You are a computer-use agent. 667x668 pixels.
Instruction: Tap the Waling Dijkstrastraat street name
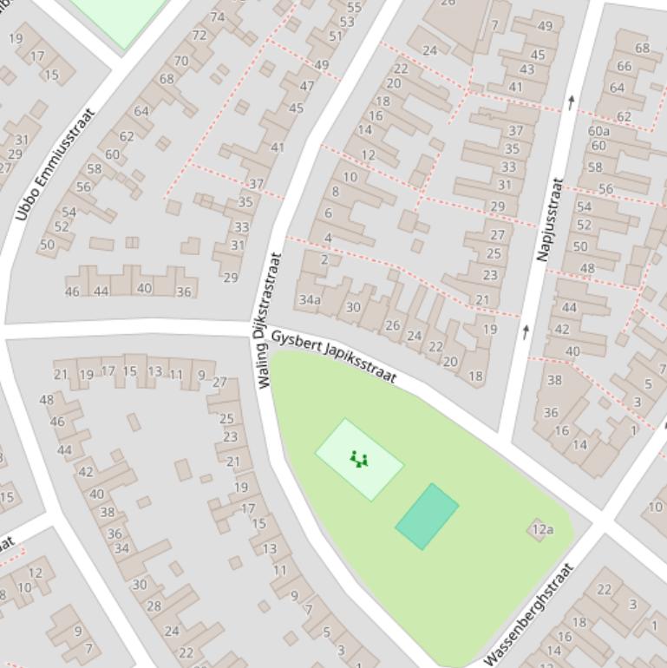tap(270, 320)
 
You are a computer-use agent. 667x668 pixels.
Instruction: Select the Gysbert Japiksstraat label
tap(334, 356)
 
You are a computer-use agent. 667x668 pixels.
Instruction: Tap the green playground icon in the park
tap(359, 459)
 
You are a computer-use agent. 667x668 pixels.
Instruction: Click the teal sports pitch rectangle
tap(427, 516)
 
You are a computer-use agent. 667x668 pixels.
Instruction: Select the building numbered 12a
tap(542, 529)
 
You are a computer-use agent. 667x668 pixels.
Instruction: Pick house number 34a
tap(310, 300)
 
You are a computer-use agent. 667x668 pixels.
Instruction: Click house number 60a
tap(598, 131)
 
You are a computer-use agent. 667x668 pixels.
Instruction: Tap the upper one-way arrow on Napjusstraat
tap(571, 102)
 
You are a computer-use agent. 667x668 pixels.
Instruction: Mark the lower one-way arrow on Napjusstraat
tap(526, 331)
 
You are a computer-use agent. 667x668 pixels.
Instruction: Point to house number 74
tap(217, 16)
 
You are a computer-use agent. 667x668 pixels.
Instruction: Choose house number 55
tap(354, 7)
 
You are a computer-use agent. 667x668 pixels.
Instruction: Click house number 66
tap(624, 66)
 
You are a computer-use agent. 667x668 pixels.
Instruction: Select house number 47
tap(307, 86)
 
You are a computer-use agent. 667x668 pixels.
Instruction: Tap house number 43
tap(526, 69)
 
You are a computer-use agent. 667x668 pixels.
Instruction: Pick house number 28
tap(154, 606)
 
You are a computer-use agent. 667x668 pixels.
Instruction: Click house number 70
tap(180, 61)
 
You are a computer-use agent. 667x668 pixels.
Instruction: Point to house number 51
tap(336, 36)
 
